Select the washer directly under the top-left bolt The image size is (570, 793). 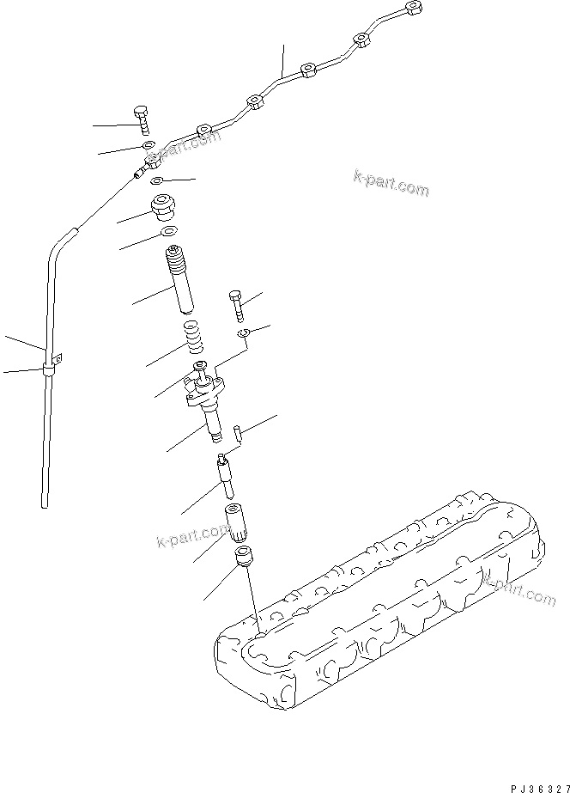tap(149, 145)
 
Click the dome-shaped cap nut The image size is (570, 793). tap(162, 208)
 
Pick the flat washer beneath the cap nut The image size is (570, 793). tap(168, 232)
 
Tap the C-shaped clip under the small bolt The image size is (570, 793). tap(244, 333)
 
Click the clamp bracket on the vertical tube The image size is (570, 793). tap(48, 369)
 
